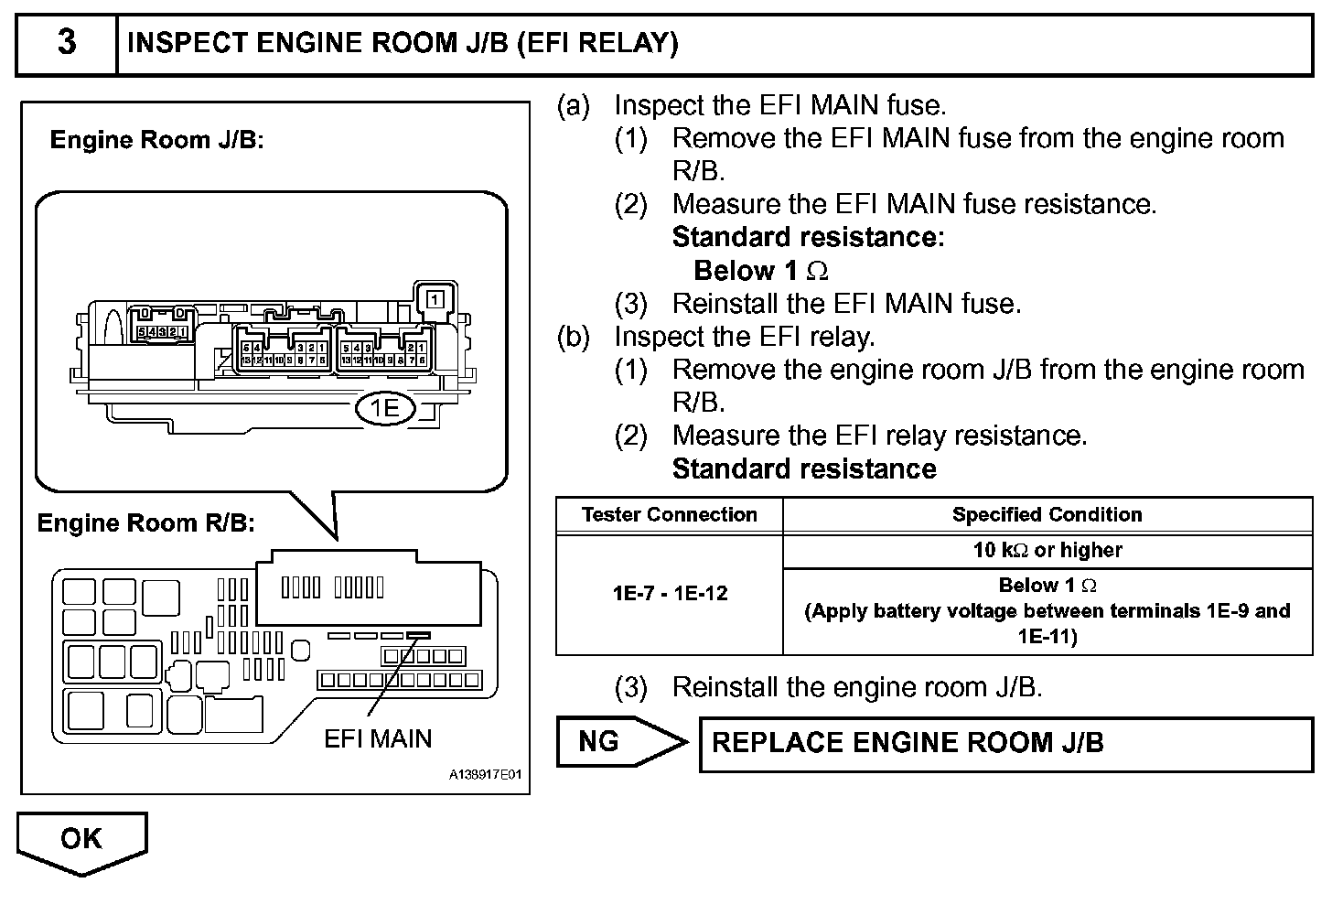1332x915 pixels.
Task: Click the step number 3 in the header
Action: click(x=67, y=43)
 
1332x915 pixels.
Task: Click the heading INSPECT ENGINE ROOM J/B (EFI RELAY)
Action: click(x=403, y=43)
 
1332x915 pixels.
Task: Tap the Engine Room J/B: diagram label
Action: click(x=156, y=140)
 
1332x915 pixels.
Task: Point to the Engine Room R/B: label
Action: click(x=145, y=523)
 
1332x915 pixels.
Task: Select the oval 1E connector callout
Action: click(x=385, y=408)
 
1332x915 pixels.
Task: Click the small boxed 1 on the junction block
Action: click(x=435, y=299)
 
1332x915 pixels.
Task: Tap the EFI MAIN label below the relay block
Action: click(x=378, y=738)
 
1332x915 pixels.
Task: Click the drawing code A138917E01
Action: click(x=485, y=775)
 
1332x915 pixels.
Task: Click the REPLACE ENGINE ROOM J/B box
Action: click(x=1005, y=743)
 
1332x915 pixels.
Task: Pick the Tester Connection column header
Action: click(x=670, y=514)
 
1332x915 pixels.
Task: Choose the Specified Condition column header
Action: click(x=1047, y=514)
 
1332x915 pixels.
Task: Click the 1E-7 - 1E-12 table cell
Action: click(x=670, y=593)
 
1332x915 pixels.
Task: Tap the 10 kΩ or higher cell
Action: click(x=1047, y=550)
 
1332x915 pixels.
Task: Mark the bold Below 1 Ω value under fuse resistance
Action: click(x=761, y=271)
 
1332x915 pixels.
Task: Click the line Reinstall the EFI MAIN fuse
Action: click(x=846, y=303)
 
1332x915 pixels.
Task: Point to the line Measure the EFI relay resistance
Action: click(x=879, y=436)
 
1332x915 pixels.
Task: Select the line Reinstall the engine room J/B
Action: click(x=857, y=687)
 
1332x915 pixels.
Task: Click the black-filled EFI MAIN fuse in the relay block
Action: click(x=420, y=634)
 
